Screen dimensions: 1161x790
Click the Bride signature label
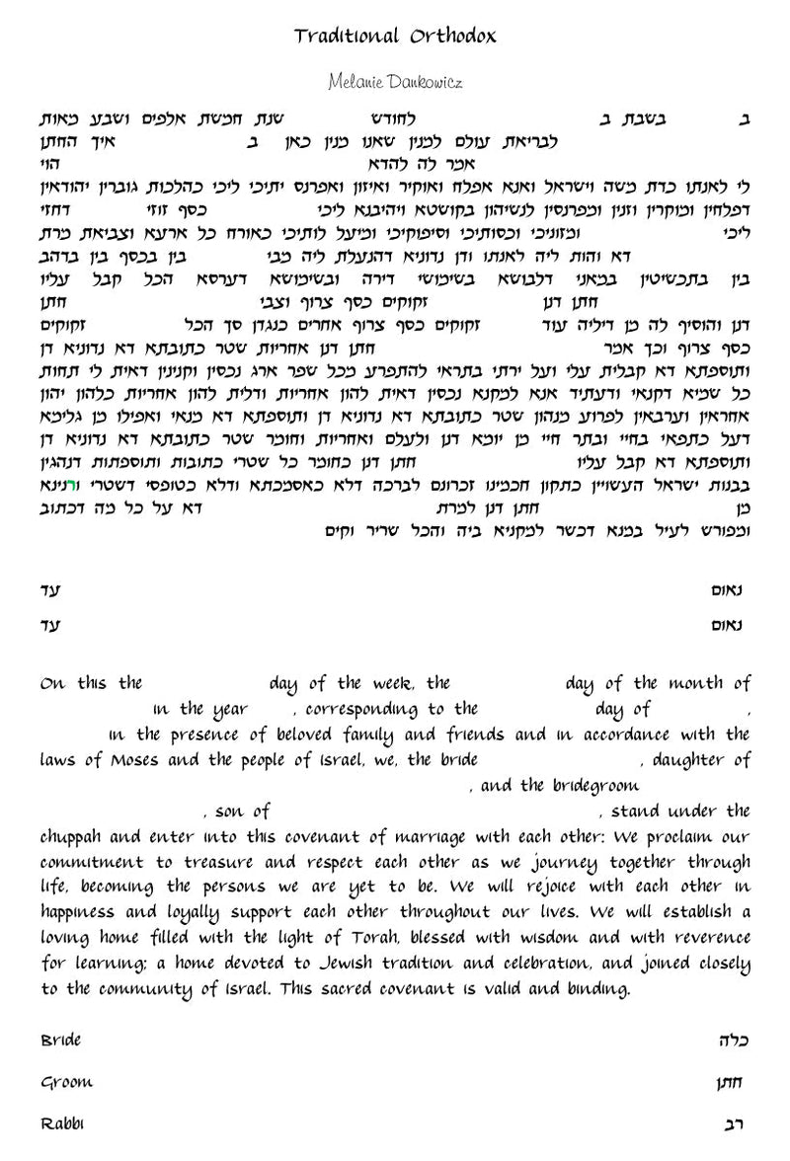(60, 1040)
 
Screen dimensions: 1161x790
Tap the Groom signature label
(66, 1082)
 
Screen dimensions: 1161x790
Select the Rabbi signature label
(62, 1124)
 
